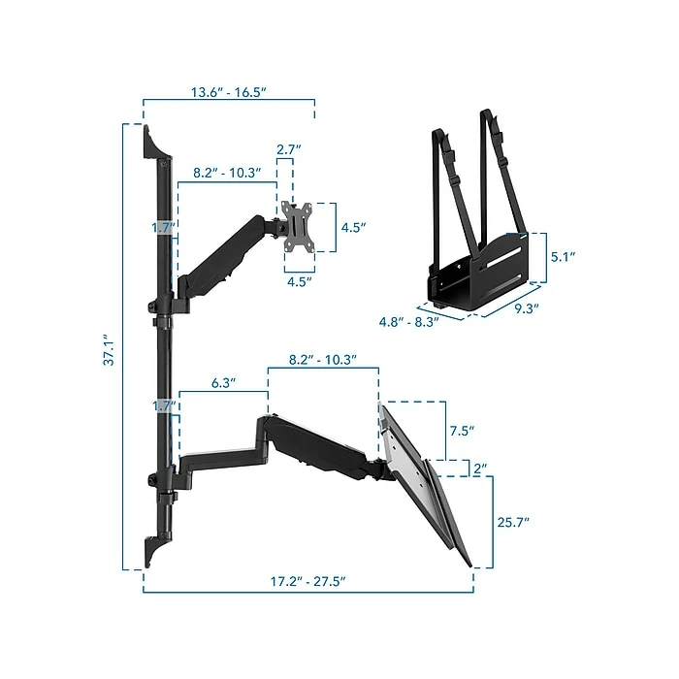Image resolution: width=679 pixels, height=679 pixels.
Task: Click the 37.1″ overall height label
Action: tap(109, 349)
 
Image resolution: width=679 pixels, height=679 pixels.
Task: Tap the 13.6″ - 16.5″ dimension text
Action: tap(228, 92)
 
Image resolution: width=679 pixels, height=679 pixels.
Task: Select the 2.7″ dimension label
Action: tap(289, 149)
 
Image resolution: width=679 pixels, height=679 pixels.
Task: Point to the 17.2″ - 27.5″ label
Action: tap(307, 581)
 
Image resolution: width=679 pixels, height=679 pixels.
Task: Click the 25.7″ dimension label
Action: tap(513, 522)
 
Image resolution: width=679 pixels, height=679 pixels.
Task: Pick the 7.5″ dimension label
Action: tap(462, 431)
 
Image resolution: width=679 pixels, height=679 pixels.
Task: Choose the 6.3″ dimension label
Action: tap(223, 383)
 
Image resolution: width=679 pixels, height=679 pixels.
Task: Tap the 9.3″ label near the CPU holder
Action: tap(527, 308)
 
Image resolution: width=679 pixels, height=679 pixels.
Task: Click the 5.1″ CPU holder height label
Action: tap(563, 257)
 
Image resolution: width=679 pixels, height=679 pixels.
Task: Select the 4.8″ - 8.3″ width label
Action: tap(408, 322)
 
